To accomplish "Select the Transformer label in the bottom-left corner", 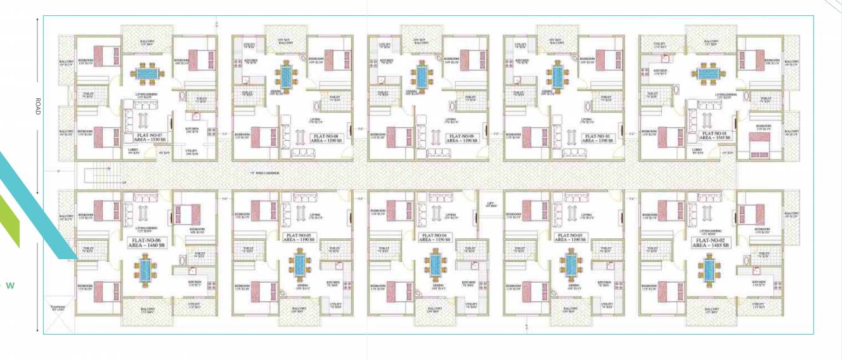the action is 58,309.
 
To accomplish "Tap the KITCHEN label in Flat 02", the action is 758,283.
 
